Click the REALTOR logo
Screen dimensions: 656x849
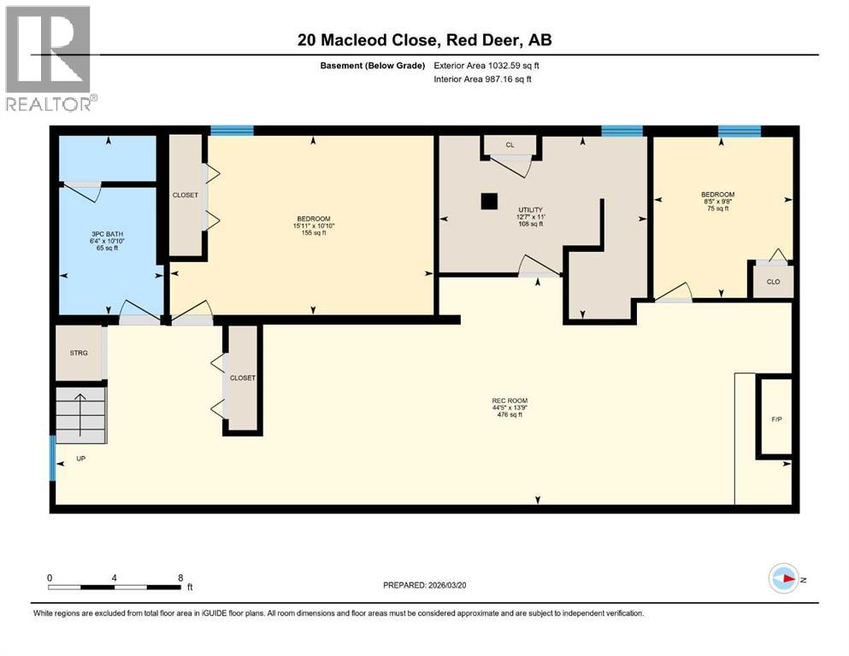[48, 58]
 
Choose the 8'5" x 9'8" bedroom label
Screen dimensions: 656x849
[716, 202]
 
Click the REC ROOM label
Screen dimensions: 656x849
[510, 407]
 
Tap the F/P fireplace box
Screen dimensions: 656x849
[775, 419]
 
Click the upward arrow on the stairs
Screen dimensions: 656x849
[80, 410]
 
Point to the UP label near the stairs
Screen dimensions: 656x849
[80, 459]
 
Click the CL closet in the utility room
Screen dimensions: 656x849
[510, 145]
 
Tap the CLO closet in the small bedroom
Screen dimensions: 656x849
[772, 281]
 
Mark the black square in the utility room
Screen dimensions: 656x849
[488, 202]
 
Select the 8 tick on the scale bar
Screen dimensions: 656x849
[180, 577]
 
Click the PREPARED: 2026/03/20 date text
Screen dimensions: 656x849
[424, 585]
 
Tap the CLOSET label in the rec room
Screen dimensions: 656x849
[243, 378]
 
